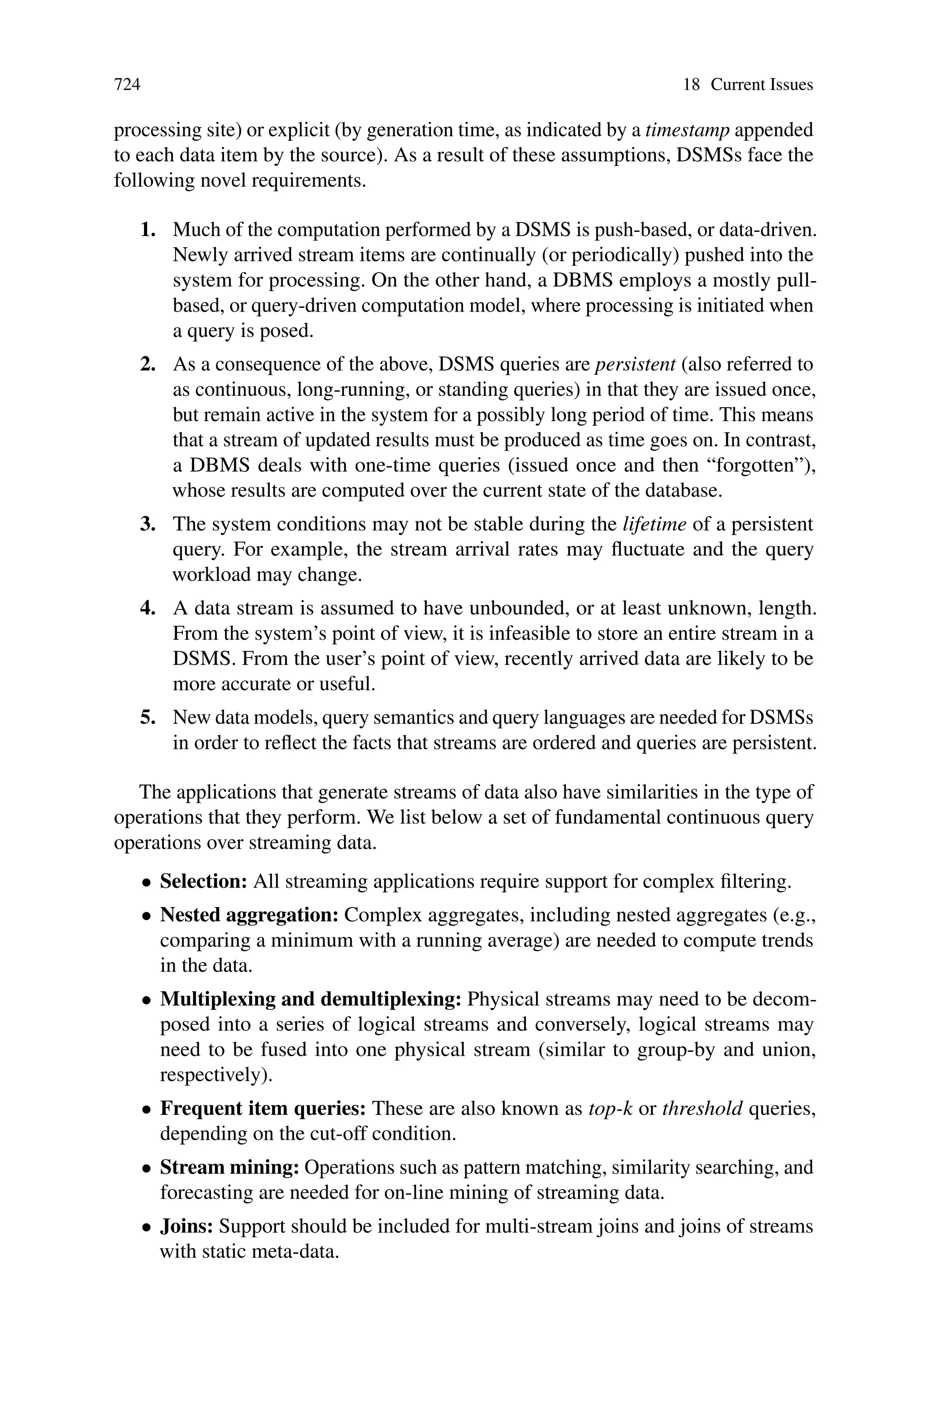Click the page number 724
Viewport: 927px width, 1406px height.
[x=127, y=85]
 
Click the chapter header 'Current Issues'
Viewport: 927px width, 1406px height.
[x=761, y=85]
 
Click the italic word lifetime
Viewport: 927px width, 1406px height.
[x=655, y=524]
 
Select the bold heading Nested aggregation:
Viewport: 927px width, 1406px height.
[x=249, y=915]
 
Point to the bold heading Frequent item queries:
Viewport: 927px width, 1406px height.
[x=263, y=1108]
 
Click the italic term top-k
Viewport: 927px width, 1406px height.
[x=611, y=1108]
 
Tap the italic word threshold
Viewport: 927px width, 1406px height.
[x=702, y=1108]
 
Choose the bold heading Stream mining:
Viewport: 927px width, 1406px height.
[x=230, y=1168]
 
